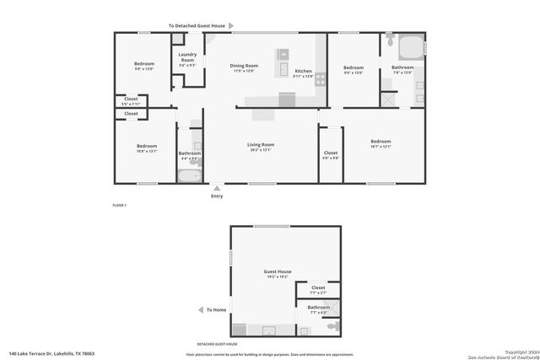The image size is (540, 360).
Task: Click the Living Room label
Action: [261, 145]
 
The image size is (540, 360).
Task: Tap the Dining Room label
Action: [246, 65]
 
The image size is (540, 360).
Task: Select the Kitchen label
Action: [303, 72]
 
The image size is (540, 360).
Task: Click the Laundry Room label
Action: [186, 59]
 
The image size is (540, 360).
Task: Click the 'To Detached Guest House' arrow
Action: [231, 26]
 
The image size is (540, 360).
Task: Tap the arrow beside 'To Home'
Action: [199, 310]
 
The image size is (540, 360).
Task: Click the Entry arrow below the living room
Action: [217, 188]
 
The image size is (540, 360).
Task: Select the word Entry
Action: [217, 196]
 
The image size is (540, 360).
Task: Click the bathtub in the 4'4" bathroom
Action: [190, 176]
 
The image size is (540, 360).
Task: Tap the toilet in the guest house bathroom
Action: [333, 325]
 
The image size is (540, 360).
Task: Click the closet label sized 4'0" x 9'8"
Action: [331, 153]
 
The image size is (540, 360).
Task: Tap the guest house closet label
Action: [318, 288]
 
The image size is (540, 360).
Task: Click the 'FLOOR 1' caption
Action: [119, 206]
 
